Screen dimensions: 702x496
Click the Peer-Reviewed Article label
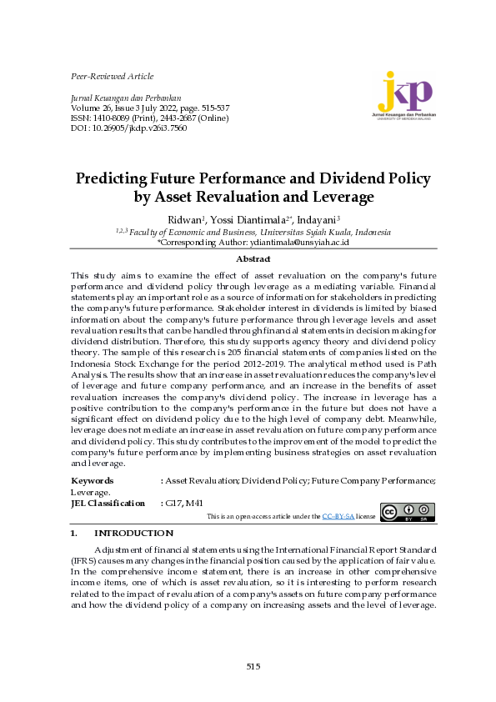point(113,77)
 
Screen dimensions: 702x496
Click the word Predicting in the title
point(110,178)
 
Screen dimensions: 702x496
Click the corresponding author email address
point(298,241)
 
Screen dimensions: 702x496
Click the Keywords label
point(93,481)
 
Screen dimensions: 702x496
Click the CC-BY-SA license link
point(338,517)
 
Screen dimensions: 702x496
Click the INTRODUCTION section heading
point(133,533)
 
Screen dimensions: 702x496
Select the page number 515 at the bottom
point(253,665)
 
